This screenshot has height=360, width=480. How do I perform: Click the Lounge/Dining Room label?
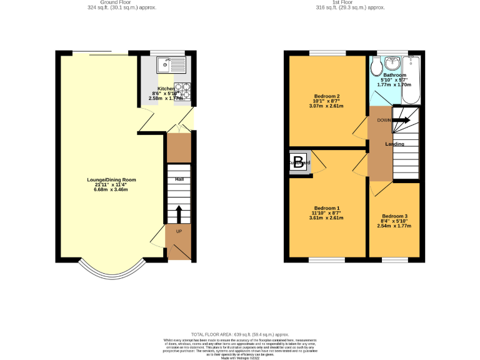pos(111,180)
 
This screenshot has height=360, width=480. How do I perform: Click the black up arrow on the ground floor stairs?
pos(179,213)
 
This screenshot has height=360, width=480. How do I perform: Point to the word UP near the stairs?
pos(179,232)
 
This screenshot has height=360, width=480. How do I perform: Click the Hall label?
pos(179,179)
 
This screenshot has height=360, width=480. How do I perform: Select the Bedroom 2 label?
pos(326,96)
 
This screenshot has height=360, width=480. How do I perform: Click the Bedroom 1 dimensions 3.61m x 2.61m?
pos(326,217)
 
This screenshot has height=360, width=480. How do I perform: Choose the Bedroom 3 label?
pos(394,216)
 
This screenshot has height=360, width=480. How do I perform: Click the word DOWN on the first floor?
pos(384,120)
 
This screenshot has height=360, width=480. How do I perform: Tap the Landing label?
pos(394,144)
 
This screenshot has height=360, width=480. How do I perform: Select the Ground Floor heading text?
pos(122,2)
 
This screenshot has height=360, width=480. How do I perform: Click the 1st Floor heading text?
pos(350,2)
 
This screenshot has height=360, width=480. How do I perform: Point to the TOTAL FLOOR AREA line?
pos(240,334)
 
